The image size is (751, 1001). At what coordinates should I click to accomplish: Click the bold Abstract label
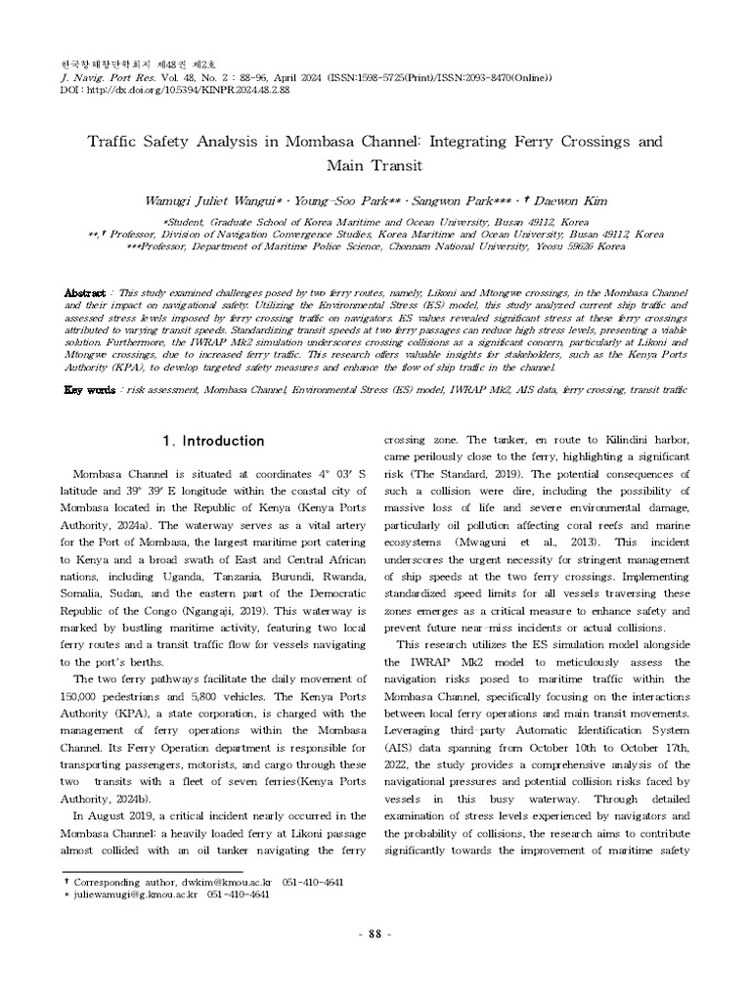coord(83,293)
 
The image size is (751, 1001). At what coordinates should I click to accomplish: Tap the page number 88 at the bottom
coord(375,935)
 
